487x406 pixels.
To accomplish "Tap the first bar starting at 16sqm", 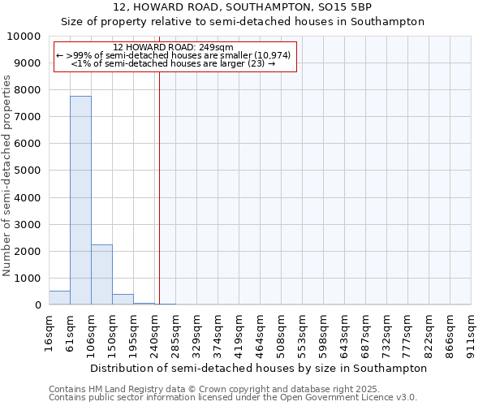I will click(x=59, y=297).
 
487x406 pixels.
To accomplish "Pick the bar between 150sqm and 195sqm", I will click(x=123, y=300).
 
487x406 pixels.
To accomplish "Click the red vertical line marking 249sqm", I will click(x=159, y=187).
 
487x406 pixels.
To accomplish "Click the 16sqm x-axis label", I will click(x=50, y=332).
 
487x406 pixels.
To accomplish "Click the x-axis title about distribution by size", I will click(x=258, y=368).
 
